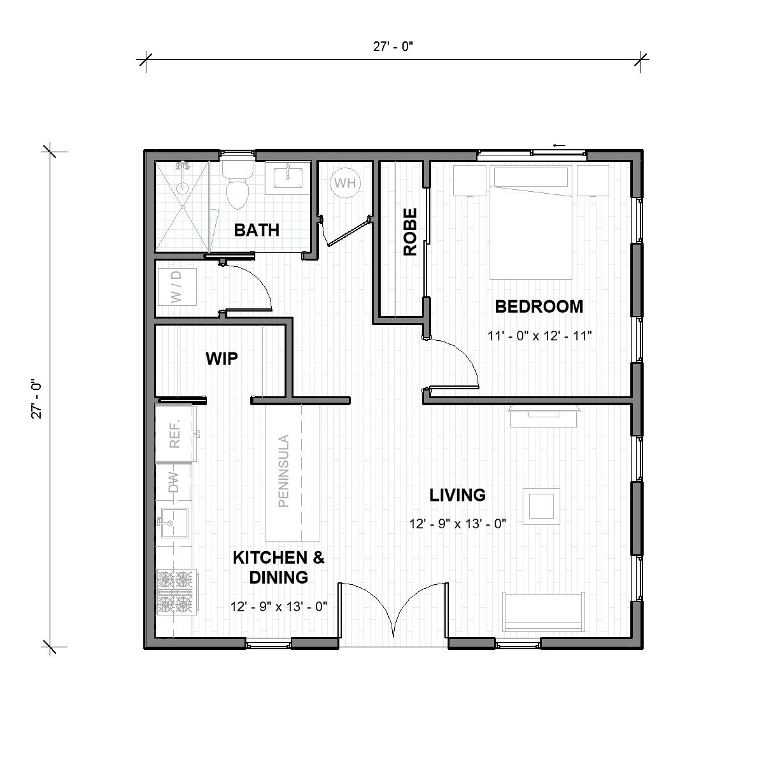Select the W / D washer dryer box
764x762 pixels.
tap(176, 287)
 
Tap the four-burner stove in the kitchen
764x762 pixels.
tap(175, 591)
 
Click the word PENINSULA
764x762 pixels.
tap(283, 470)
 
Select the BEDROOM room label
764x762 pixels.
tap(539, 306)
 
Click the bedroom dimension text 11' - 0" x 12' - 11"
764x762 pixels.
tap(540, 336)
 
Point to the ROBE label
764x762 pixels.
tap(410, 232)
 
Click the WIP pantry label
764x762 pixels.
tap(222, 359)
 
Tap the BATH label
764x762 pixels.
tap(257, 230)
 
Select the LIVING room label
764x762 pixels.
tap(457, 494)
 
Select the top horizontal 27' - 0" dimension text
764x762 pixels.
tap(394, 46)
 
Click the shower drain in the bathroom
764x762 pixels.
tap(183, 188)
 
